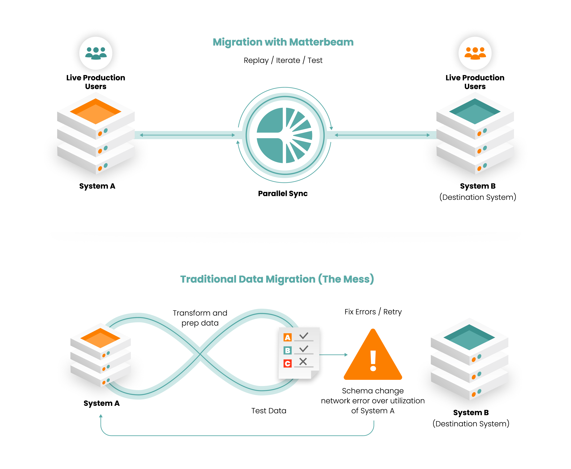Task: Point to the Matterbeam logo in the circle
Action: (x=284, y=135)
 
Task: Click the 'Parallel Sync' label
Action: (x=283, y=193)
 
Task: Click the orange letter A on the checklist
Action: (x=287, y=337)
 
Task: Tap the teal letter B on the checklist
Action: (x=287, y=350)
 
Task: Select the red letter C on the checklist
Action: (x=287, y=363)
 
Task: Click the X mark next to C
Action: (x=303, y=361)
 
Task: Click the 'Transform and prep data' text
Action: (x=200, y=318)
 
